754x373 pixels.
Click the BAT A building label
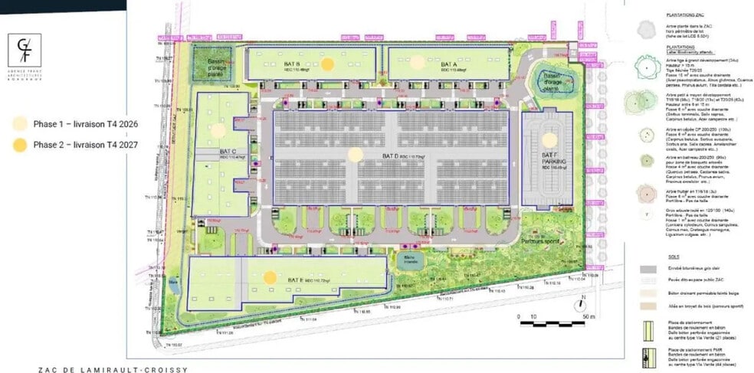(x=449, y=64)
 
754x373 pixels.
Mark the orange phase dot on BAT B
(x=328, y=64)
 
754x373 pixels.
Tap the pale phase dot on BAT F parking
(x=549, y=139)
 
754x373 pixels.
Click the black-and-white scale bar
(x=546, y=322)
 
